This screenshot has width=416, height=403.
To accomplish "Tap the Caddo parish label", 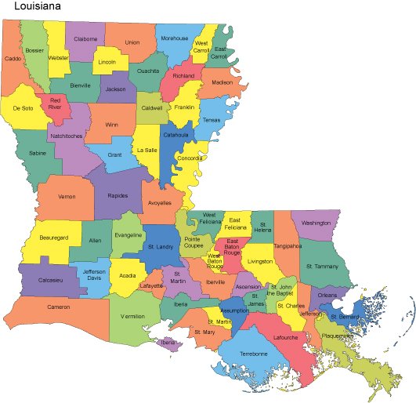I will click(13, 58).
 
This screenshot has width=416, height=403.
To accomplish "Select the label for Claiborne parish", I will click(85, 38).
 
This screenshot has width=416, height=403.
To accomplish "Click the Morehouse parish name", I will click(174, 38).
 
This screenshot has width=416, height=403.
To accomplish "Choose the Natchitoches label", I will click(66, 136).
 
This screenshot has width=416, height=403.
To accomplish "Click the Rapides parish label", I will click(118, 195).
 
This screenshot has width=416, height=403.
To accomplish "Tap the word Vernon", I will click(67, 196).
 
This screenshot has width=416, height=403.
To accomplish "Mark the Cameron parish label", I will click(59, 307).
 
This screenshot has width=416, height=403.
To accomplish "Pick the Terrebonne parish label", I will click(248, 354).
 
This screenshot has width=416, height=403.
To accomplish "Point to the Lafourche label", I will click(286, 338).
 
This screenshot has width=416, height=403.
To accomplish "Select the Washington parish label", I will click(316, 223).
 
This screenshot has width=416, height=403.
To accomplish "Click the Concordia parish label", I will click(190, 158).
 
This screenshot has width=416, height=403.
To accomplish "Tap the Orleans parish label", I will click(327, 295).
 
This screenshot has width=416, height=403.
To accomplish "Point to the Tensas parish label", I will click(212, 120).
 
